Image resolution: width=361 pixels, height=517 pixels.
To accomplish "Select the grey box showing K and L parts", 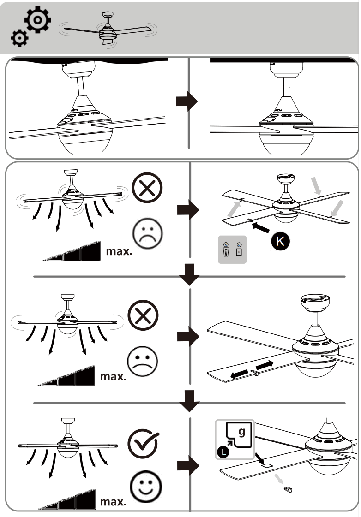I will [x=232, y=250].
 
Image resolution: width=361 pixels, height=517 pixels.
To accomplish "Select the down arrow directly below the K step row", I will [x=189, y=274].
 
